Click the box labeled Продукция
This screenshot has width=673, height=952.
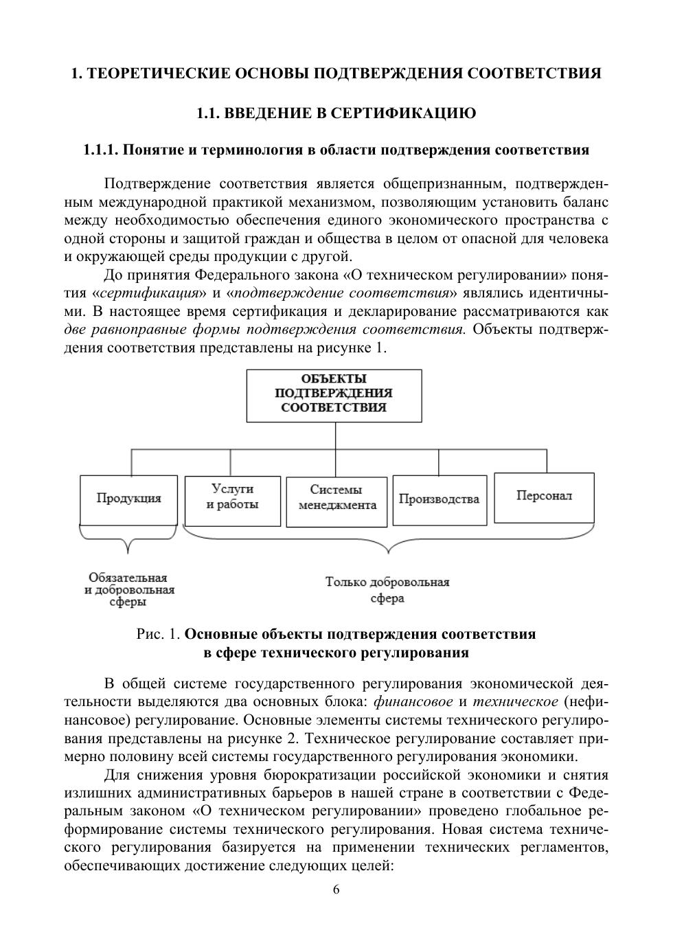click(128, 499)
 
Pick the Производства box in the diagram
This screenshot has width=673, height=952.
click(439, 499)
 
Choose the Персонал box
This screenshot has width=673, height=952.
click(544, 497)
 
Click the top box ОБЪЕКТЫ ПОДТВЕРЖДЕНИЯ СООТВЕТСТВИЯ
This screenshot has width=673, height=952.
click(334, 394)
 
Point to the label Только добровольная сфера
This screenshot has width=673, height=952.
click(387, 590)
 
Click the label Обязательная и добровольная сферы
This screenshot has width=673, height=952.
click(129, 590)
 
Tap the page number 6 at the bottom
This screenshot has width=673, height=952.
click(336, 890)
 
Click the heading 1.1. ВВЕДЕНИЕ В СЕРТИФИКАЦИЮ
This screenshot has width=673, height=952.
click(336, 113)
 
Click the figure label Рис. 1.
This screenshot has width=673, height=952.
click(159, 634)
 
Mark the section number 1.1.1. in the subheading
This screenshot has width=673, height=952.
click(102, 150)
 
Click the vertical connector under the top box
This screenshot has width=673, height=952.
click(335, 435)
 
